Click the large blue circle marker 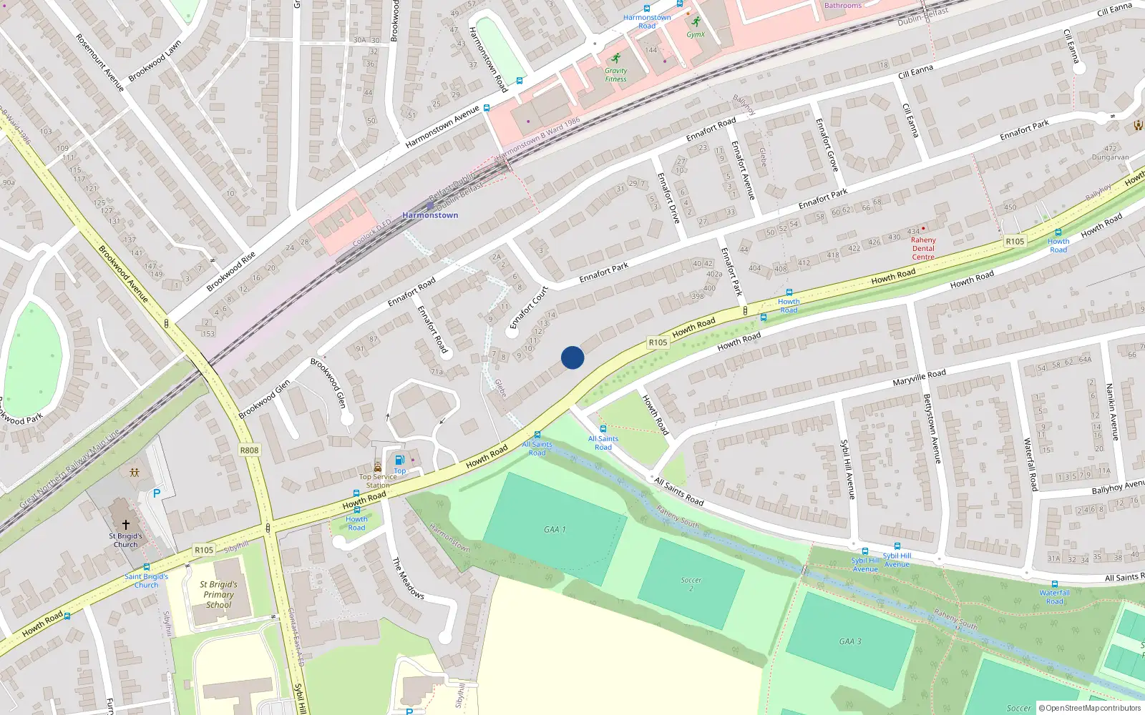(x=572, y=357)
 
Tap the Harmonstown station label (x=430, y=215)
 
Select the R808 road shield (x=249, y=450)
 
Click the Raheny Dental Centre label (x=923, y=249)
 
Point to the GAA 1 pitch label (x=555, y=530)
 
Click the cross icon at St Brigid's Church (x=126, y=525)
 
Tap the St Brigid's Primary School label (x=219, y=594)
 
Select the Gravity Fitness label (x=615, y=74)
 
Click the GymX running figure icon (x=696, y=21)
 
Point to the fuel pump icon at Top (x=399, y=460)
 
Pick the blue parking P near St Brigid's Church (x=157, y=493)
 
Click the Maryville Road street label (x=919, y=378)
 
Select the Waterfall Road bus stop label (x=1055, y=597)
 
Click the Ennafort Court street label (x=529, y=308)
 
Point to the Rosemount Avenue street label (x=100, y=63)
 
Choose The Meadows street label (x=408, y=578)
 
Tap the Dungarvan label (x=1110, y=157)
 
